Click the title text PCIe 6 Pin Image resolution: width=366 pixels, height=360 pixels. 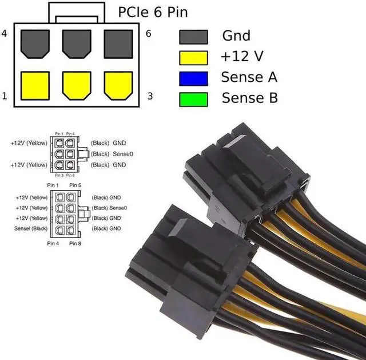152,11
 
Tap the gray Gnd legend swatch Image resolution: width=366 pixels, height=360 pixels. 193,36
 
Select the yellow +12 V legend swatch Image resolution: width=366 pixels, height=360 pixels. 193,57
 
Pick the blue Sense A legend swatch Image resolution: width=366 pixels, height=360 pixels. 193,77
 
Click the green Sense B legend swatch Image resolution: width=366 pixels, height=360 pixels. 193,98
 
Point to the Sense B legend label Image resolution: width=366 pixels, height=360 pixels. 250,98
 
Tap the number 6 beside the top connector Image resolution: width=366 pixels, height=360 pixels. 149,34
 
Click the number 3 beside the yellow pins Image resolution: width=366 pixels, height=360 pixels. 150,96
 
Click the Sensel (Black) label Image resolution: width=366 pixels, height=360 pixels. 32,228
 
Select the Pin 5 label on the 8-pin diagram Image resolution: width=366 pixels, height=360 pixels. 75,185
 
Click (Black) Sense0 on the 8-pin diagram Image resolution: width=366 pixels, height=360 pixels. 109,208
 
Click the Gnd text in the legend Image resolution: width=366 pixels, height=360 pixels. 236,36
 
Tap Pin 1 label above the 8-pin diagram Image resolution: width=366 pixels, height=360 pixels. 54,185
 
